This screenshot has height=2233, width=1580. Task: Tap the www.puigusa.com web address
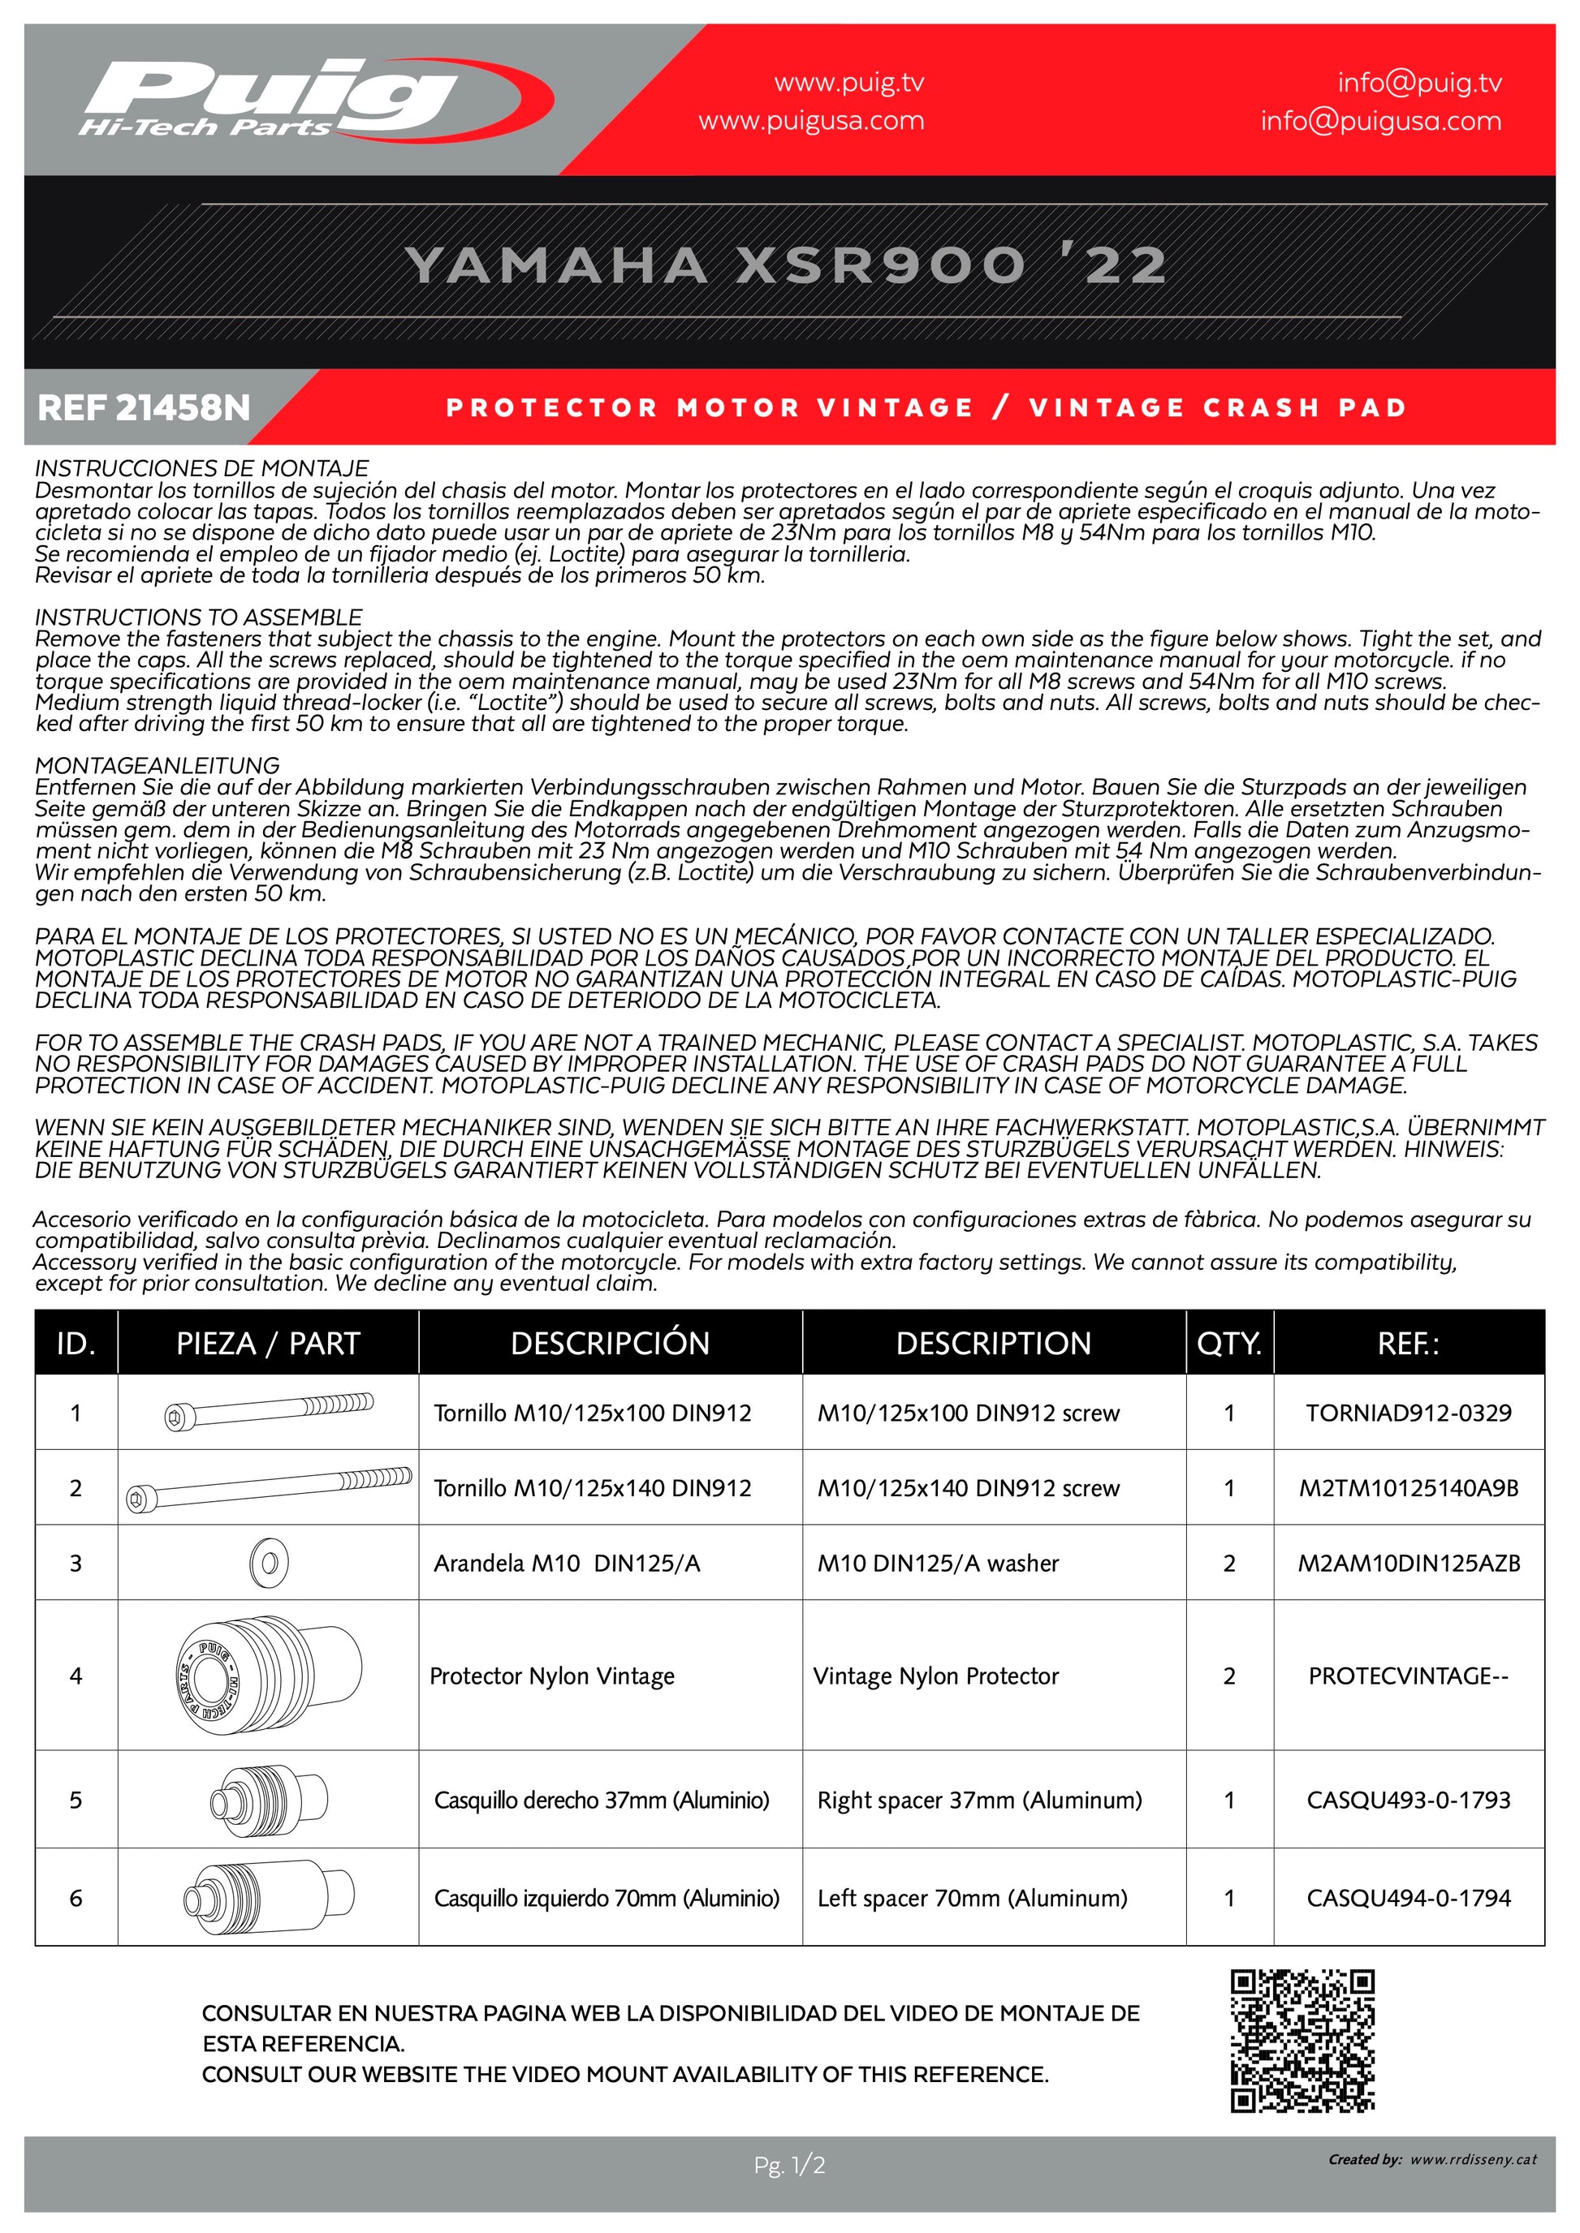pyautogui.click(x=810, y=122)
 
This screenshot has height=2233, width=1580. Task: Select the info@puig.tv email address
pyautogui.click(x=1418, y=84)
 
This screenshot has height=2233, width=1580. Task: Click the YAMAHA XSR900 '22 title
pyautogui.click(x=786, y=265)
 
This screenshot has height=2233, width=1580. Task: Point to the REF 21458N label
pyautogui.click(x=144, y=407)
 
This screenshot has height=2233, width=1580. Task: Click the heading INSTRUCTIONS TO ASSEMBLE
pyautogui.click(x=198, y=617)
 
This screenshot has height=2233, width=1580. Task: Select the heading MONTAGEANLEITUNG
pyautogui.click(x=158, y=765)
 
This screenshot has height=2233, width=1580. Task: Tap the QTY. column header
pyautogui.click(x=1228, y=1343)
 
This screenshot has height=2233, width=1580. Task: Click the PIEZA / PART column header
pyautogui.click(x=268, y=1343)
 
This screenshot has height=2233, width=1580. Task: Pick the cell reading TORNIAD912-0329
pyautogui.click(x=1408, y=1413)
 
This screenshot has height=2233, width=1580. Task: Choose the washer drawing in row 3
pyautogui.click(x=269, y=1564)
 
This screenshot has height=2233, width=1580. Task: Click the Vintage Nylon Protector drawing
pyautogui.click(x=269, y=1675)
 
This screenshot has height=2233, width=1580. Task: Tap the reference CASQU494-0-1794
pyautogui.click(x=1408, y=1897)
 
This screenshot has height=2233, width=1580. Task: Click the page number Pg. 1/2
pyautogui.click(x=789, y=2165)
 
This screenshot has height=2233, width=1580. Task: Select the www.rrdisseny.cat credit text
pyautogui.click(x=1473, y=2159)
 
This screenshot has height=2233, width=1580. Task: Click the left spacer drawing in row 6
pyautogui.click(x=269, y=1897)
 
